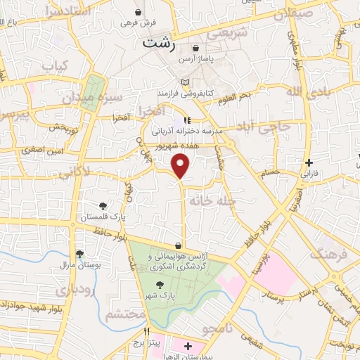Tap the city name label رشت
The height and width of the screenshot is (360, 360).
click(159, 43)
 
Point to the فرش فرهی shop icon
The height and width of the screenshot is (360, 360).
click(139, 12)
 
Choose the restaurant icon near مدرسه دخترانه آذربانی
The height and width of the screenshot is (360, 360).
click(187, 120)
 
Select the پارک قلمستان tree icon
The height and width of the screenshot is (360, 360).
click(103, 206)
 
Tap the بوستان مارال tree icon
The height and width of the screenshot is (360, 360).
click(79, 254)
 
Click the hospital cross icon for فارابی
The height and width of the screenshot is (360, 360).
click(309, 162)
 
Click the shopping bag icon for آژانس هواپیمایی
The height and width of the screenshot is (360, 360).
click(181, 245)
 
